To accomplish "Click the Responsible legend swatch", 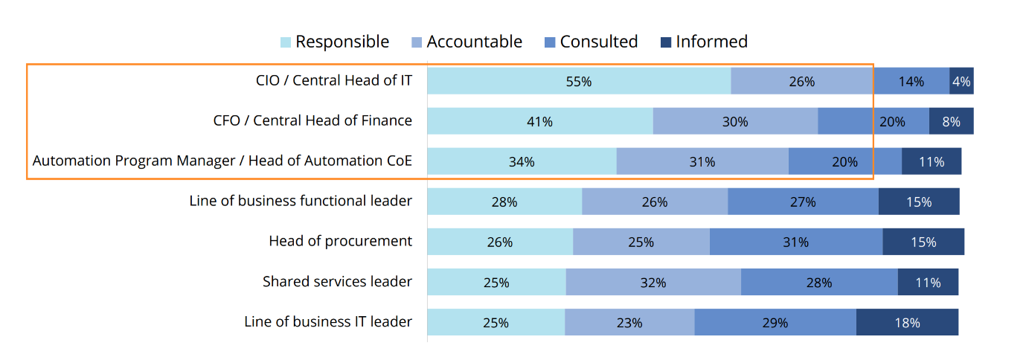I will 286,42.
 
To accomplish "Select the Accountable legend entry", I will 466,42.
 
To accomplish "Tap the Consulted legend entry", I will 591,42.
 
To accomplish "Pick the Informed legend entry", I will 704,42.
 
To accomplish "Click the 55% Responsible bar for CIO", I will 578,81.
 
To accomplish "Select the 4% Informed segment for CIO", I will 961,81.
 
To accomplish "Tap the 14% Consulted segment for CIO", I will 911,81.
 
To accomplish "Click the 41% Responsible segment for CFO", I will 539,121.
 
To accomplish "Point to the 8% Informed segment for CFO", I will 951,121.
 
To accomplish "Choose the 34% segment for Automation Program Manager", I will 522,161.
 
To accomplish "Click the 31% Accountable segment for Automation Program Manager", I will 702,161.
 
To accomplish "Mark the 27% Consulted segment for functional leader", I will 803,202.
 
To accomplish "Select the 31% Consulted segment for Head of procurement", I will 795,242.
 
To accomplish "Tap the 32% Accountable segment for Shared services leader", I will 653,282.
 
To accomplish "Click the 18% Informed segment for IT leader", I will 907,322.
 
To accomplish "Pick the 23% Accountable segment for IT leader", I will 629,322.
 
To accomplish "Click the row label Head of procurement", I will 340,241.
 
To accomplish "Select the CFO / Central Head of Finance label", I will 312,120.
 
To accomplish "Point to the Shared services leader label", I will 337,281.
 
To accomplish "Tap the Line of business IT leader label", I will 327,321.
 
